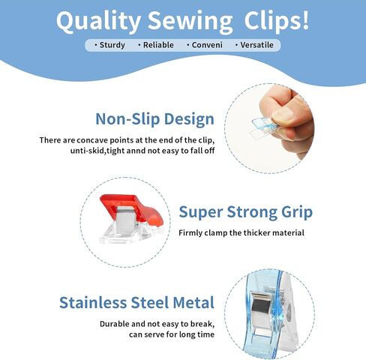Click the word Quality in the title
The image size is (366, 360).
tap(98, 22)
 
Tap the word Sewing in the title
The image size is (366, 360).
tap(190, 22)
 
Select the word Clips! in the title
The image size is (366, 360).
tap(277, 21)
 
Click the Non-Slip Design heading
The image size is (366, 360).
tap(154, 119)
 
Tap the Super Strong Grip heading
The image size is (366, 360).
tap(246, 212)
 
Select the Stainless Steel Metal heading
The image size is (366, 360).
tap(136, 302)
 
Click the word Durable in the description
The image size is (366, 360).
tap(114, 324)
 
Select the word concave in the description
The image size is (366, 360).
tap(92, 140)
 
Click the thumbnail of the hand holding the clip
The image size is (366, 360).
tap(269, 128)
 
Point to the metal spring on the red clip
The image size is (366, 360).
tap(127, 218)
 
